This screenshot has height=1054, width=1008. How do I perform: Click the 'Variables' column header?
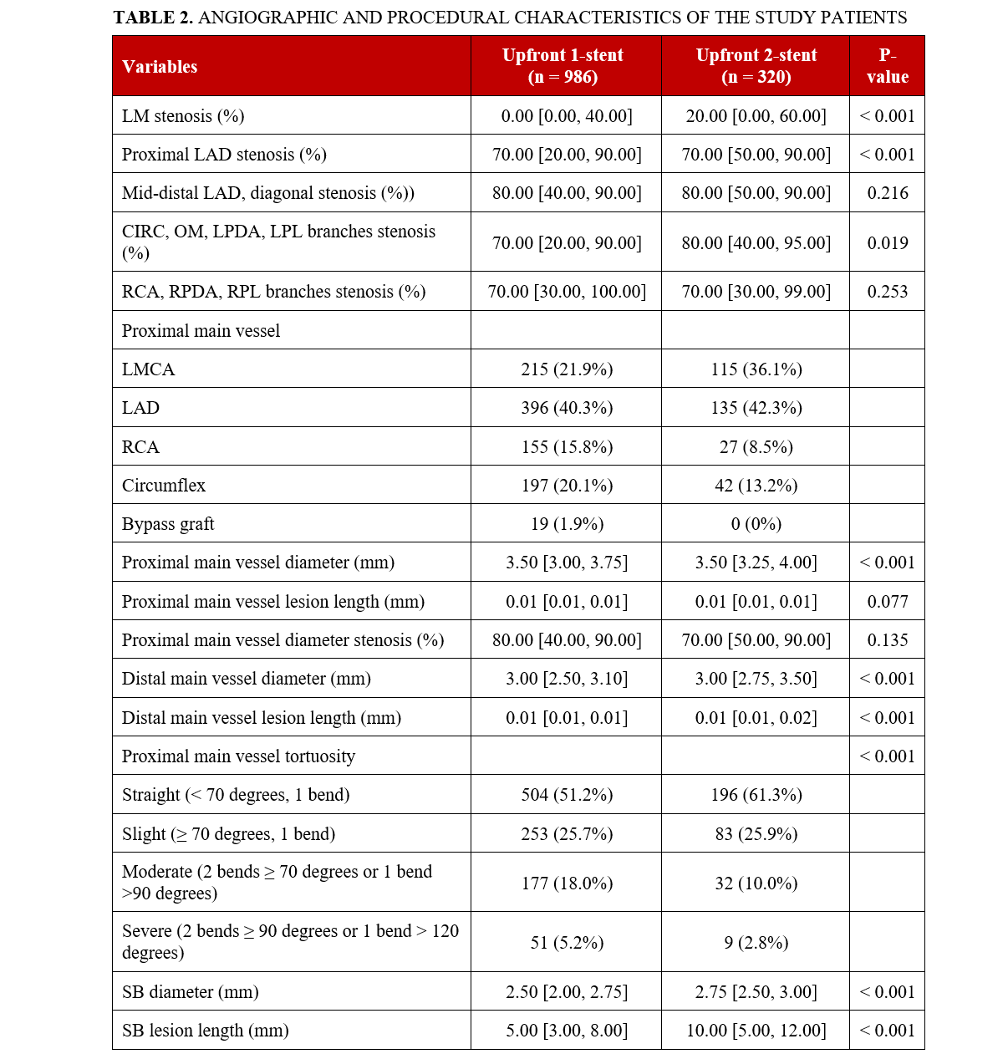pyautogui.click(x=160, y=67)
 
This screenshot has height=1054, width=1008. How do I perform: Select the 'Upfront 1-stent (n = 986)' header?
pyautogui.click(x=563, y=66)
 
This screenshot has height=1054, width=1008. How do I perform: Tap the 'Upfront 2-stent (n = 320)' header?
pyautogui.click(x=756, y=66)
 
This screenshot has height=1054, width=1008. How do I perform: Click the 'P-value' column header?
pyautogui.click(x=887, y=66)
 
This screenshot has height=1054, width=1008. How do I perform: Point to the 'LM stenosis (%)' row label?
pyautogui.click(x=183, y=116)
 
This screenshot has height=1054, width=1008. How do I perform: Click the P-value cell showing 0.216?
pyautogui.click(x=887, y=193)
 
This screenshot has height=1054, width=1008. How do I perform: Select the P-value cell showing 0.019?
pyautogui.click(x=887, y=242)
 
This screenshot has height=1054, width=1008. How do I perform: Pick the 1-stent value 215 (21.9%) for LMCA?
pyautogui.click(x=567, y=369)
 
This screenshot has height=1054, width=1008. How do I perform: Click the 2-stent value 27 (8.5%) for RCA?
pyautogui.click(x=756, y=447)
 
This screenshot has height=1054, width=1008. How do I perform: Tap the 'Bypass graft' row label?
pyautogui.click(x=168, y=524)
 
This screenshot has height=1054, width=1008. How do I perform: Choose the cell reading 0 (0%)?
pyautogui.click(x=756, y=524)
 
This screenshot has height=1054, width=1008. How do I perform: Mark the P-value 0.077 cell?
pyautogui.click(x=887, y=602)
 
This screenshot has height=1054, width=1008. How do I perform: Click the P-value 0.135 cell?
pyautogui.click(x=887, y=640)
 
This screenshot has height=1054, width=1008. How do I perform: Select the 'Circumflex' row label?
pyautogui.click(x=164, y=486)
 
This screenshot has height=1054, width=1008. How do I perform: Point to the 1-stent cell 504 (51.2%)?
pyautogui.click(x=567, y=795)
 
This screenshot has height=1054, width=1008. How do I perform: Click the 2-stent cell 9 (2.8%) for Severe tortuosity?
pyautogui.click(x=756, y=943)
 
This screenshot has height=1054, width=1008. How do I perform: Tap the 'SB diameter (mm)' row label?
pyautogui.click(x=191, y=992)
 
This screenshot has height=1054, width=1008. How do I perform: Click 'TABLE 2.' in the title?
pyautogui.click(x=153, y=18)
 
